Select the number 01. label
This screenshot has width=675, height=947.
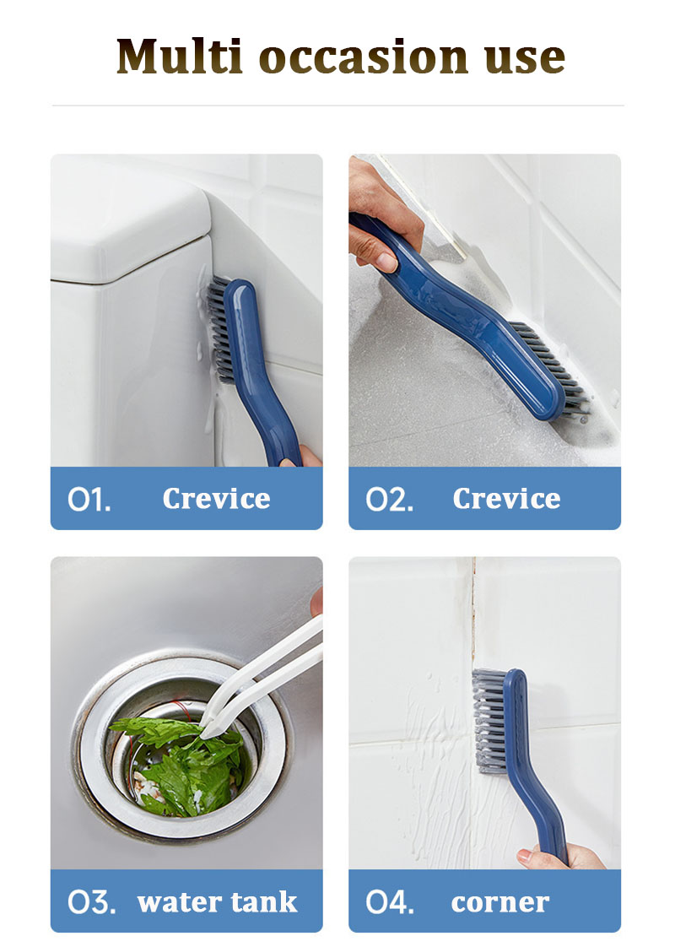(89, 500)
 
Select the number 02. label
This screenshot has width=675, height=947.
(390, 500)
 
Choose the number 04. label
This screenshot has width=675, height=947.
(390, 902)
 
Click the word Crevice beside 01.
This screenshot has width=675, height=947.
(216, 499)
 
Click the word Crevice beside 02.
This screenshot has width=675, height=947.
(506, 499)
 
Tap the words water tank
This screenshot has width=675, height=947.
(218, 902)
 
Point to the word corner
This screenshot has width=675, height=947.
(499, 903)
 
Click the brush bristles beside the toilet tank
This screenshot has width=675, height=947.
(219, 329)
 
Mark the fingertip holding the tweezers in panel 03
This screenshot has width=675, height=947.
(317, 601)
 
